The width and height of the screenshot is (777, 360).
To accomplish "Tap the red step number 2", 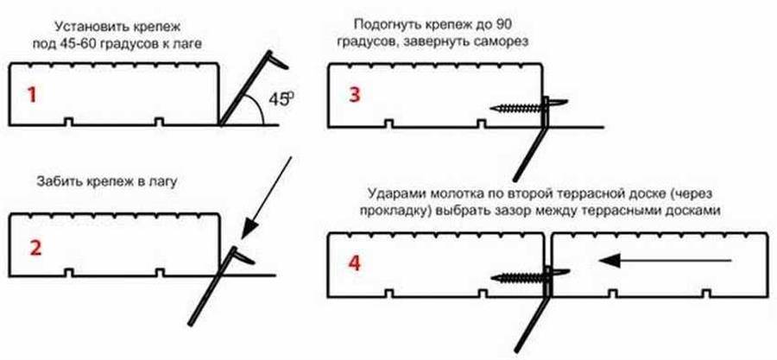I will coord(35,247).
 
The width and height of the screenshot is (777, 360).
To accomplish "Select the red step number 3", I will coord(355,94).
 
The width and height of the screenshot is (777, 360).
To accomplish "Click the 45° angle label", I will coord(278,99).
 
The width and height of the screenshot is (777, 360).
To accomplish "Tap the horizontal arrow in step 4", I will coord(666,257).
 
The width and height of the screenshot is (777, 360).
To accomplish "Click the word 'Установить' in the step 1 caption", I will coord(87,26).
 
